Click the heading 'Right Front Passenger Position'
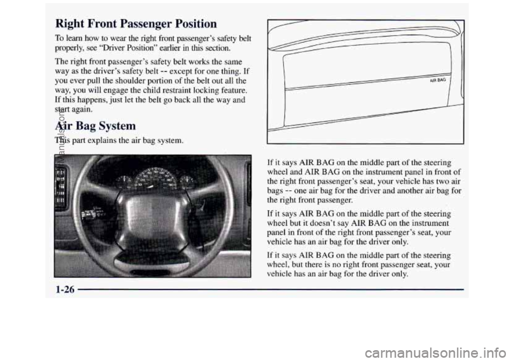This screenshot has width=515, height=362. pos(136,24)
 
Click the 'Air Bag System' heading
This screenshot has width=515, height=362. pos(95,125)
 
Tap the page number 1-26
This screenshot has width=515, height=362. pos(65,290)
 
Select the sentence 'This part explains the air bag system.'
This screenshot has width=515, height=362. pos(119,141)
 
